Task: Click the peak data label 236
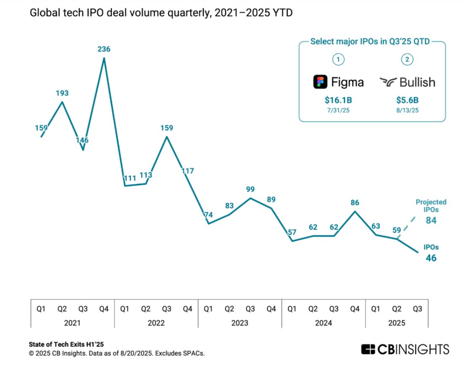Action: point(104,49)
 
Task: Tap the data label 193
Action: point(62,93)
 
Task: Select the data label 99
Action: point(250,189)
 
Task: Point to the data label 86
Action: point(355,202)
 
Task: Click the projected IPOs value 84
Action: point(431,220)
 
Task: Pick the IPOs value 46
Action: point(431,258)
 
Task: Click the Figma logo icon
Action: point(321,82)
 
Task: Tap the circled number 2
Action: point(407,59)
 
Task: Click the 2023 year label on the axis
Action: point(240,323)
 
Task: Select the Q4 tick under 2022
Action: point(187,309)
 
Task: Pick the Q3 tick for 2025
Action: point(417,309)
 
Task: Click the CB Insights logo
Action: point(405,349)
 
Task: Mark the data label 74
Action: point(208,215)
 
